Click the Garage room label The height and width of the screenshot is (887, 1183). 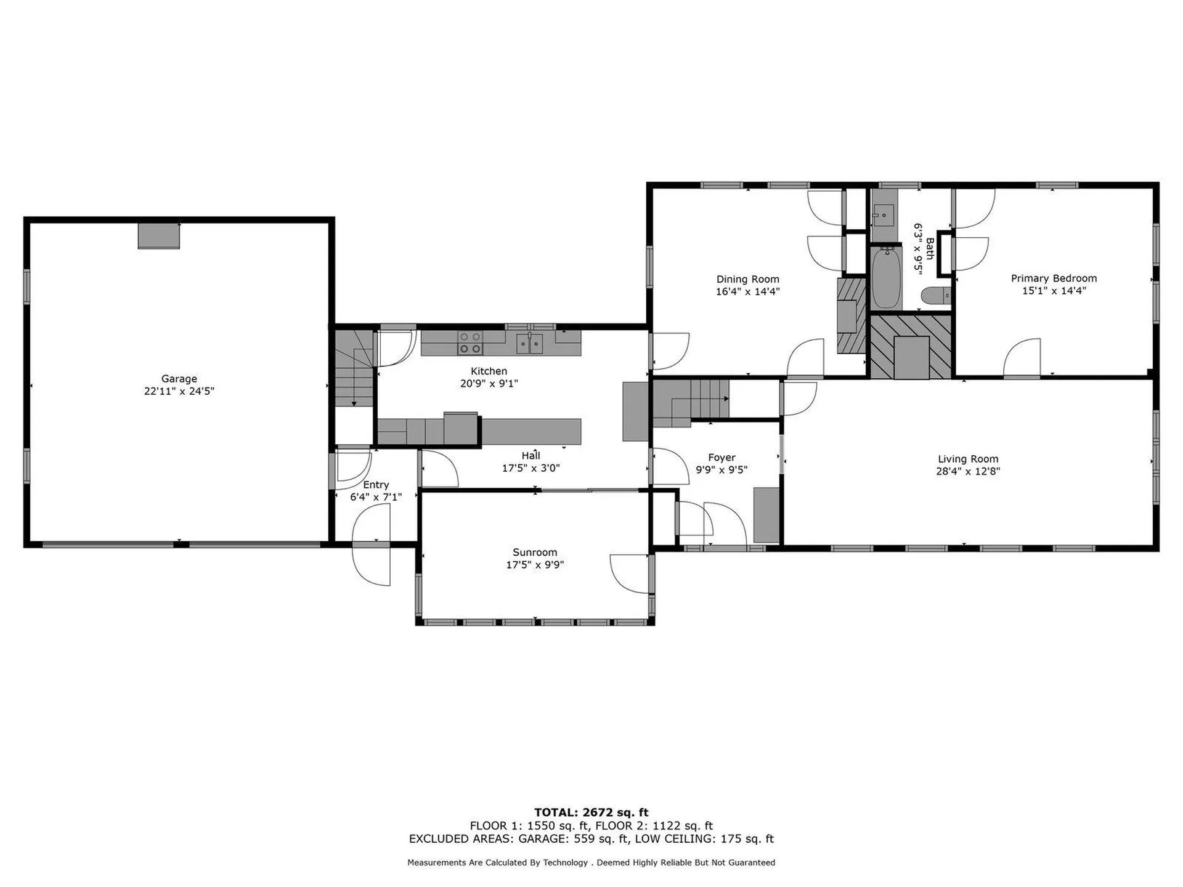[x=179, y=379]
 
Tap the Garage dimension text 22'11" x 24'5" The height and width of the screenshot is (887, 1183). [x=179, y=391]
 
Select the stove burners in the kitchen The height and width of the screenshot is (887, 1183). [x=470, y=342]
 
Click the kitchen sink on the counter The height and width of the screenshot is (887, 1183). [x=529, y=342]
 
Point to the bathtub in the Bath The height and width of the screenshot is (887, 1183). [x=886, y=278]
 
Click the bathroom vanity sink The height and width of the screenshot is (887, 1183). [x=884, y=216]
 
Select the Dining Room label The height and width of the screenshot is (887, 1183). [x=747, y=279]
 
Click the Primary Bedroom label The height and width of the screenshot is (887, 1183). [x=1054, y=278]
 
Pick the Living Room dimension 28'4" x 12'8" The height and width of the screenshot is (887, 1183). [x=968, y=471]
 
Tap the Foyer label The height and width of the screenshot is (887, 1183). [x=722, y=458]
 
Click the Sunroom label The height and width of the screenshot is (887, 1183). [x=535, y=553]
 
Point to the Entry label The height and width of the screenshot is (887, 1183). [x=376, y=485]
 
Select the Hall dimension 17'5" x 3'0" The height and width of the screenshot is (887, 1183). [x=531, y=468]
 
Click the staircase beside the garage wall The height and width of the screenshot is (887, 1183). [x=355, y=368]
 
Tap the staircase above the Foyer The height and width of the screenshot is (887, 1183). [x=691, y=402]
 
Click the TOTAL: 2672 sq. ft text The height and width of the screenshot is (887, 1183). [x=591, y=812]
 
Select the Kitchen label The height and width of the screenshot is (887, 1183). [x=489, y=371]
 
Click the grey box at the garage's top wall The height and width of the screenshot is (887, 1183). [x=158, y=236]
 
